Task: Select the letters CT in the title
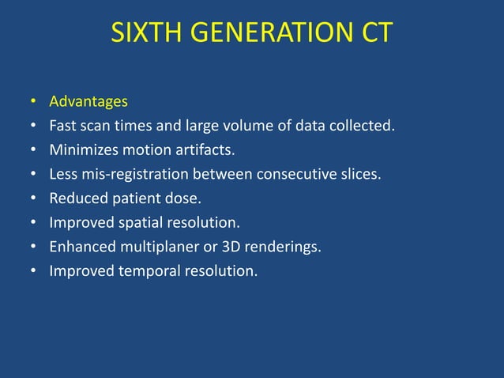tap(375, 34)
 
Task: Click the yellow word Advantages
tap(88, 101)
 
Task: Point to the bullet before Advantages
tap(33, 102)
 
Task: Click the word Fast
tap(62, 125)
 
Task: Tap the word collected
tap(366, 125)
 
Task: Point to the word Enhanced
tap(80, 247)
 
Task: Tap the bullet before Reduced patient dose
tap(33, 199)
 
